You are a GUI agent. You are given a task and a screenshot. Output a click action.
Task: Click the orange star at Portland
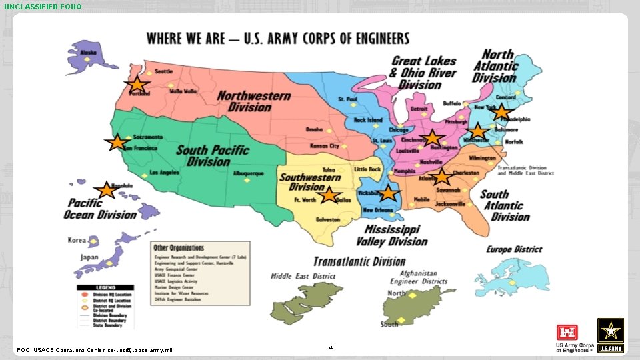click(137, 85)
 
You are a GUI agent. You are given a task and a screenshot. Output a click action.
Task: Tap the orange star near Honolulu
click(105, 191)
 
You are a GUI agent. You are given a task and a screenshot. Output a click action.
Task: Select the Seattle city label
click(164, 71)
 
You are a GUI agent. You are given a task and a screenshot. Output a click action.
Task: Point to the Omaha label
click(314, 129)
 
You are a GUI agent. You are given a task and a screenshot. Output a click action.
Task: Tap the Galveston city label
click(328, 219)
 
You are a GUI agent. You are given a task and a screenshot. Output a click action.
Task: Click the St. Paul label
click(347, 99)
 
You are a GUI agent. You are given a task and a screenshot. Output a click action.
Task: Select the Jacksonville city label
click(447, 203)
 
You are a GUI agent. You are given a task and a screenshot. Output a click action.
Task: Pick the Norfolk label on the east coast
click(514, 142)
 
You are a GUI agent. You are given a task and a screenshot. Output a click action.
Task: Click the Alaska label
click(89, 51)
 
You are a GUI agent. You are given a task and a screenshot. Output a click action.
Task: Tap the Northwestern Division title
click(253, 101)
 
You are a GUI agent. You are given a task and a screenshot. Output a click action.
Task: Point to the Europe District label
click(514, 249)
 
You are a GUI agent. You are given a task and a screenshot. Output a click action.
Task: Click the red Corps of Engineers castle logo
click(566, 332)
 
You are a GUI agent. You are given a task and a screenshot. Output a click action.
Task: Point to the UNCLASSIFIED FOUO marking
click(43, 7)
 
